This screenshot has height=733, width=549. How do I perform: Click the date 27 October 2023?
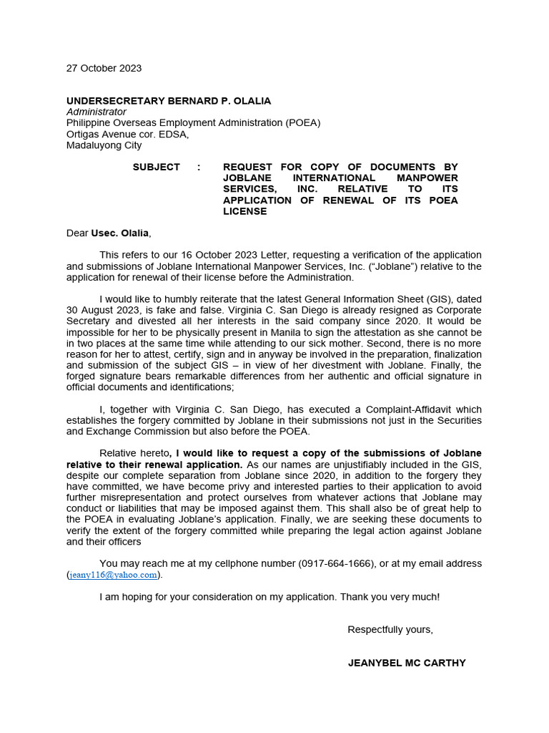(x=104, y=69)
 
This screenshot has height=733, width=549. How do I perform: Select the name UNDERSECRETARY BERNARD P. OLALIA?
(x=169, y=101)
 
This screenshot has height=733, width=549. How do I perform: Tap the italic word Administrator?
(x=97, y=112)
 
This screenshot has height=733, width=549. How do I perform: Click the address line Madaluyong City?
(x=104, y=145)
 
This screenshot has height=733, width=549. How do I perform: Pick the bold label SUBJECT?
(x=157, y=167)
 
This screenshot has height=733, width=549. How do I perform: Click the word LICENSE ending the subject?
(x=245, y=212)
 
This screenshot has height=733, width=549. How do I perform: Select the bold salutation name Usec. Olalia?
(x=120, y=233)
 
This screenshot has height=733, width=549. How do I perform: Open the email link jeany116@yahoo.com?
(x=113, y=575)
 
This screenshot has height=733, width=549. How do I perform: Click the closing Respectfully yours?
(x=390, y=630)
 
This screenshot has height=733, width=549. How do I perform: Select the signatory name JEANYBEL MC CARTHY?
(x=407, y=664)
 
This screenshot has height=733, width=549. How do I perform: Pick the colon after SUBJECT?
(x=199, y=167)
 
